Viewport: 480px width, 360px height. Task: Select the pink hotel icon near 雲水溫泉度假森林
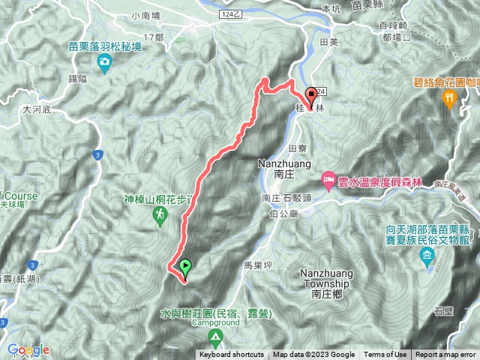[x=328, y=179]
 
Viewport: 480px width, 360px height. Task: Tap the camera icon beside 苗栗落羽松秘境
[x=105, y=59]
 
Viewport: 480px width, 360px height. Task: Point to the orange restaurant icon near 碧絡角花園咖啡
[x=449, y=97]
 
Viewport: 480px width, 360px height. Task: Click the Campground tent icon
[x=215, y=337]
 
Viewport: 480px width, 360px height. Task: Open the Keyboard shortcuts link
[x=232, y=355]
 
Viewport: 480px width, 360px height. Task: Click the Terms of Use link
[x=385, y=355]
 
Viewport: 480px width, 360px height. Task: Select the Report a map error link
[x=446, y=355]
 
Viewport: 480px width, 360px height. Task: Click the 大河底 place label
[x=36, y=109]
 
